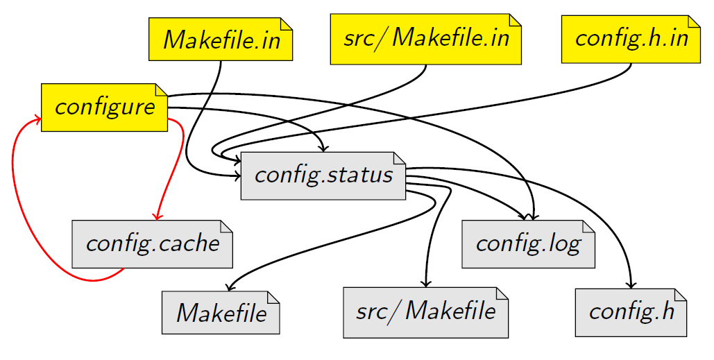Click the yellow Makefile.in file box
pyautogui.click(x=221, y=40)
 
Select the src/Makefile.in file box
pyautogui.click(x=425, y=38)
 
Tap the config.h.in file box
pyautogui.click(x=631, y=38)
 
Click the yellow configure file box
pyautogui.click(x=105, y=107)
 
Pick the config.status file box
pyautogui.click(x=323, y=175)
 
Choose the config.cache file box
pyautogui.click(x=152, y=243)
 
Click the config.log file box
pyautogui.click(x=528, y=243)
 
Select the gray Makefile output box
pyautogui.click(x=221, y=312)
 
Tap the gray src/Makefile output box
pyautogui.click(x=425, y=311)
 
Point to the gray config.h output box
pyautogui.click(x=631, y=311)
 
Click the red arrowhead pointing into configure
pyautogui.click(x=37, y=119)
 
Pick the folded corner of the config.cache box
pyautogui.click(x=226, y=225)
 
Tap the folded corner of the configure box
pyautogui.click(x=162, y=89)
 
